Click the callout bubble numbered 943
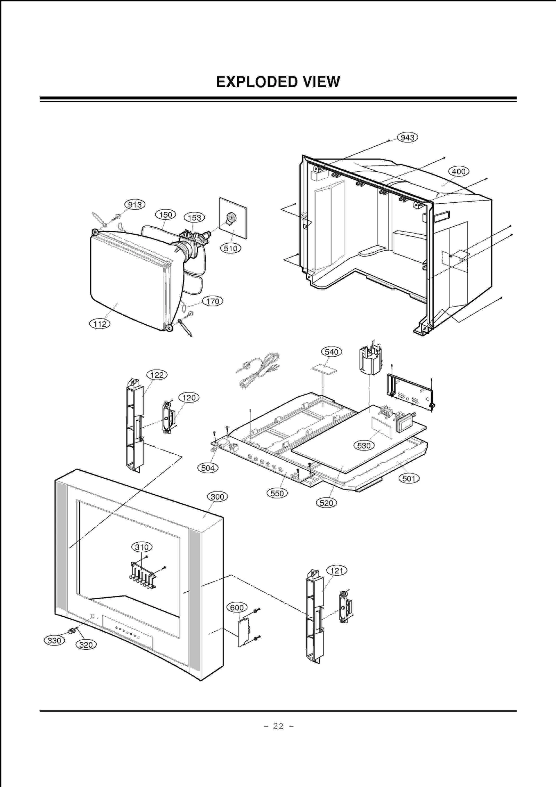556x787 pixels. click(407, 137)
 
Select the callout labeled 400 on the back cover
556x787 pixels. click(458, 171)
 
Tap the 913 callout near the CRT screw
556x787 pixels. click(134, 204)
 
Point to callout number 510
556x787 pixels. click(230, 248)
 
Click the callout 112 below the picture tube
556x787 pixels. click(100, 324)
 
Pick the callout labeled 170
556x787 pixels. click(212, 301)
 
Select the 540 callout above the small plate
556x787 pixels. click(331, 352)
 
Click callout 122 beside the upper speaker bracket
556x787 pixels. click(157, 375)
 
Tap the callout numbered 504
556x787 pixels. click(207, 468)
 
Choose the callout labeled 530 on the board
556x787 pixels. click(364, 446)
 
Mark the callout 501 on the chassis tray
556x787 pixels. click(409, 479)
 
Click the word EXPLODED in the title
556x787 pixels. click(256, 82)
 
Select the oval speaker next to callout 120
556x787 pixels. click(167, 417)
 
